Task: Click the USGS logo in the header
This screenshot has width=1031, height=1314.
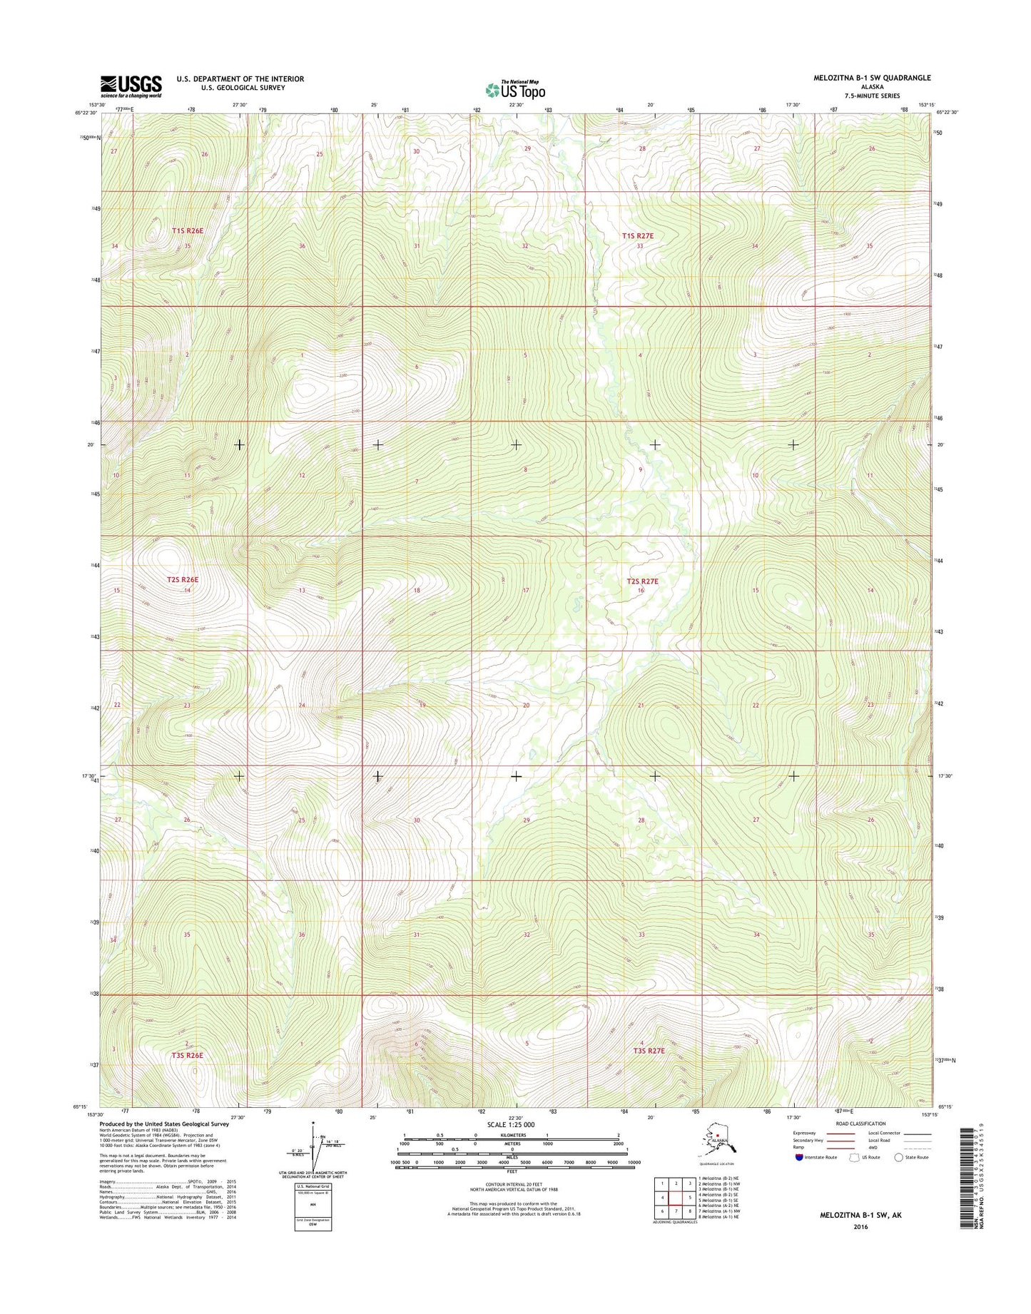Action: [131, 86]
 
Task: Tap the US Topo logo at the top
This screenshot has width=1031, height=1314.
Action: [515, 90]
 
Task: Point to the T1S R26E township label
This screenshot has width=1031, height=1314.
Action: [188, 231]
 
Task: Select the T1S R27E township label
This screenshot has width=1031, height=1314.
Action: [637, 235]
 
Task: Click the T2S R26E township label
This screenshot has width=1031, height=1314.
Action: [183, 580]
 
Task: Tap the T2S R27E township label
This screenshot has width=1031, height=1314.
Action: [642, 581]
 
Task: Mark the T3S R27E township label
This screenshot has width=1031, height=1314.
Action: [649, 1051]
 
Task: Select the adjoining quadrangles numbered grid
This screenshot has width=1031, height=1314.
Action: [675, 1196]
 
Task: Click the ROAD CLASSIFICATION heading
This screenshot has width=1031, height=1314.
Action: [858, 1124]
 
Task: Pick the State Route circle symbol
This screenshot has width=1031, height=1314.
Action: [899, 1157]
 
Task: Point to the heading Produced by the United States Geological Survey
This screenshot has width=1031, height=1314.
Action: [165, 1124]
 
